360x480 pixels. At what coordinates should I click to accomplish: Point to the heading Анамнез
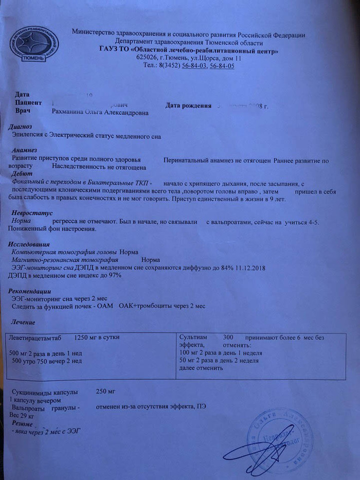coord(21,150)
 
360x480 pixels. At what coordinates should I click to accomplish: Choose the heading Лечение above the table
coord(23,322)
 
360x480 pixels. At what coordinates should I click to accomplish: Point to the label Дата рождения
coord(189,105)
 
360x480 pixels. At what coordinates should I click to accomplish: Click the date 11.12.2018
coord(244,268)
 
